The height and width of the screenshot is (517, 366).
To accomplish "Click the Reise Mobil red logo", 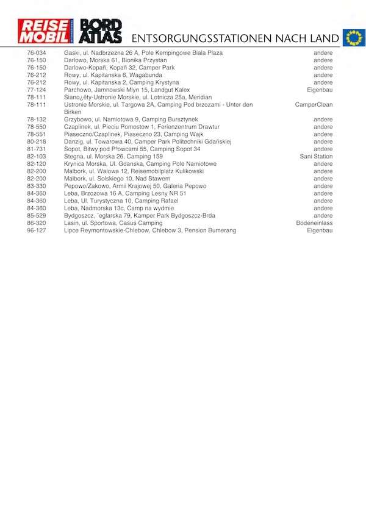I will point(45,31).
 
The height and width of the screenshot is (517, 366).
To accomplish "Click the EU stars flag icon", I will point(353,38).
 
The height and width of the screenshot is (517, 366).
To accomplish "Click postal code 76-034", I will point(37,53).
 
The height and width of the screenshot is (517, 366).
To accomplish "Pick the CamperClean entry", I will point(314,105).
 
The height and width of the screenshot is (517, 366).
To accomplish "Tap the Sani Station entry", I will point(316,157).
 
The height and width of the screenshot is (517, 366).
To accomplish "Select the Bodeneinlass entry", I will point(314,223).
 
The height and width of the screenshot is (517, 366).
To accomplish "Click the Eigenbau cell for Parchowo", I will point(320,90).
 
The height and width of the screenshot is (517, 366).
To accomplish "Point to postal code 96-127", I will point(37,230).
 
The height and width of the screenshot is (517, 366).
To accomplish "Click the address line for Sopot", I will point(132,149).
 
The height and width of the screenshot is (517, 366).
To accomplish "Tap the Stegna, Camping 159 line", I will point(113,157).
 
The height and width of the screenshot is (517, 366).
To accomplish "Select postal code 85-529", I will point(37,216).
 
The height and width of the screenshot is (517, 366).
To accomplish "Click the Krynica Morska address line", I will point(140,164).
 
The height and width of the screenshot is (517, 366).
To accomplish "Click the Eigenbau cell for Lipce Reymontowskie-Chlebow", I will point(320,230).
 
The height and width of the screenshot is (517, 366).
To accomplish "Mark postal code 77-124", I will point(37,90).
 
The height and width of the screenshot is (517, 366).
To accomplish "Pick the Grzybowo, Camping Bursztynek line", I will point(131,119).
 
